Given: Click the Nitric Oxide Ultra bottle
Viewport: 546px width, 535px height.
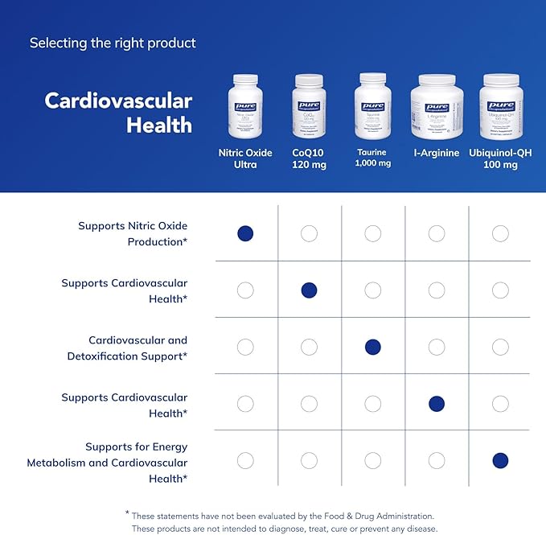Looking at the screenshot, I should (x=245, y=106).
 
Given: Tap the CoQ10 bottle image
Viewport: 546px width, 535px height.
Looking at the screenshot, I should (x=309, y=106).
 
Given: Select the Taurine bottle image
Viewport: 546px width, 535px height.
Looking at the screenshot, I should (x=372, y=106).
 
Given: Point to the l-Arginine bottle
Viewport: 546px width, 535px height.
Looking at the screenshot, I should (x=437, y=106).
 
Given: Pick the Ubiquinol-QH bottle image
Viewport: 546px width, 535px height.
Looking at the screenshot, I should (x=500, y=106).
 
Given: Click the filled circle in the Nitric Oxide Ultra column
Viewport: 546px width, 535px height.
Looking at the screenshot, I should (x=245, y=233).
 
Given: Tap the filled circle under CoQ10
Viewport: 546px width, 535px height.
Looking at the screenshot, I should (x=309, y=290).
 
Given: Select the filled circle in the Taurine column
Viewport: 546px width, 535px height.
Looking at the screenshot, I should (x=372, y=347).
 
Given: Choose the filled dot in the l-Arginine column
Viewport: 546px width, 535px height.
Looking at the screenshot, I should (x=437, y=404).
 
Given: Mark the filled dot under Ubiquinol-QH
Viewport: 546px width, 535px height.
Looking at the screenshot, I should (x=500, y=461).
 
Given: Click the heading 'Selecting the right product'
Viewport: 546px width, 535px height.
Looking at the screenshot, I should (x=113, y=43).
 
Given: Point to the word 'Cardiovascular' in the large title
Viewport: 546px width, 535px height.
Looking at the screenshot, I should (x=118, y=101).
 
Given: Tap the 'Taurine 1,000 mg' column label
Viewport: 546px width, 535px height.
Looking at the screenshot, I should (x=372, y=158).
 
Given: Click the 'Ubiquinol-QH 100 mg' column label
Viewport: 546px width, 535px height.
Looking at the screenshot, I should (x=500, y=158).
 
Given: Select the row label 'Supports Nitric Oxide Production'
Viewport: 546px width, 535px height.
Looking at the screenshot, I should (x=133, y=233).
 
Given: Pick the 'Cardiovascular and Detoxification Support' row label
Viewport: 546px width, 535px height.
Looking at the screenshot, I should (x=138, y=348).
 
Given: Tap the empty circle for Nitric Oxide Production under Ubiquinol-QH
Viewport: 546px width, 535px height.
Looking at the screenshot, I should (x=500, y=233).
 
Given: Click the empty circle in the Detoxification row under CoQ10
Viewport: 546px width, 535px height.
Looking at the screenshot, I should (x=309, y=347).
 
